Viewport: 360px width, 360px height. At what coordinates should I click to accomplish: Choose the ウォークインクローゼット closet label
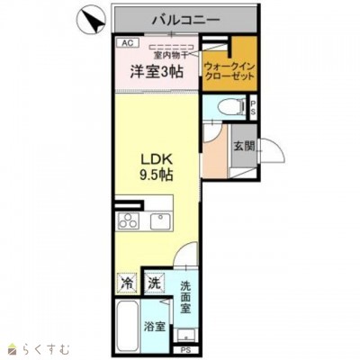pos(227,71)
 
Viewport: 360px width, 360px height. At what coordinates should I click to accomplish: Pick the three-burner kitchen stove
pos(127,222)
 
